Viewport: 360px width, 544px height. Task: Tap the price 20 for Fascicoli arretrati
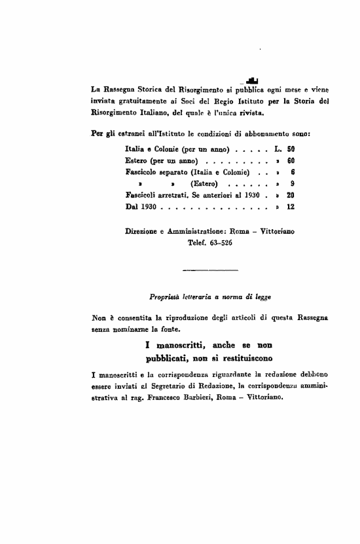point(291,195)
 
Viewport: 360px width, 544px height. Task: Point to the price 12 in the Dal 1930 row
point(291,206)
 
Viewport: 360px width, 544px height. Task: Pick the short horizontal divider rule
point(197,270)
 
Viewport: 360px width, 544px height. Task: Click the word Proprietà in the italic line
point(166,297)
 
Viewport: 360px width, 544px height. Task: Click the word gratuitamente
point(141,101)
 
